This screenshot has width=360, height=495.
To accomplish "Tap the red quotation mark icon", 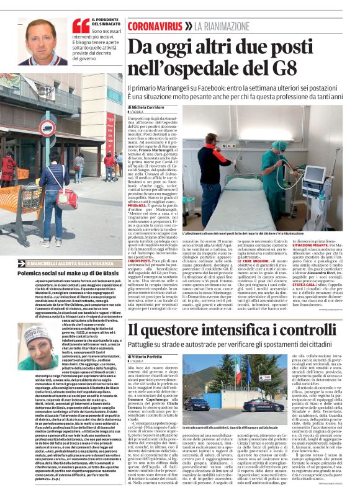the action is [81, 25].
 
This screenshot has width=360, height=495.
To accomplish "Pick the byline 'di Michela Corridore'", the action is [149, 107].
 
